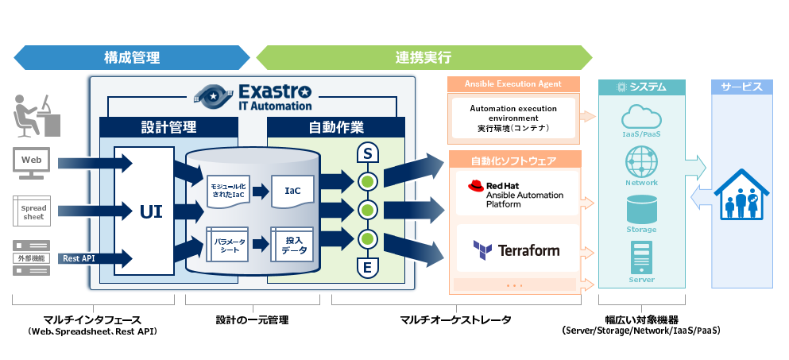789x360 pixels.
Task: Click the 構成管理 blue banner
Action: (x=131, y=57)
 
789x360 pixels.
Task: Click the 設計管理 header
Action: (x=168, y=127)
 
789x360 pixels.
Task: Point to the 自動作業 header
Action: (x=335, y=127)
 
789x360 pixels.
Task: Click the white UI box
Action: (x=145, y=211)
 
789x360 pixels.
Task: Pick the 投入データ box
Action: (x=292, y=244)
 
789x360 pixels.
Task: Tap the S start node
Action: (x=367, y=152)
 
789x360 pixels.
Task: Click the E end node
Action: (x=367, y=268)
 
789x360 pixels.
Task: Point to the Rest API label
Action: (x=76, y=258)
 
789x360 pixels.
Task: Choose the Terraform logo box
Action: (x=516, y=250)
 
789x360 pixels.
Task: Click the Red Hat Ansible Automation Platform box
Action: (x=516, y=194)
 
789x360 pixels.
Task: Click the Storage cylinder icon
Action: (x=641, y=212)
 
